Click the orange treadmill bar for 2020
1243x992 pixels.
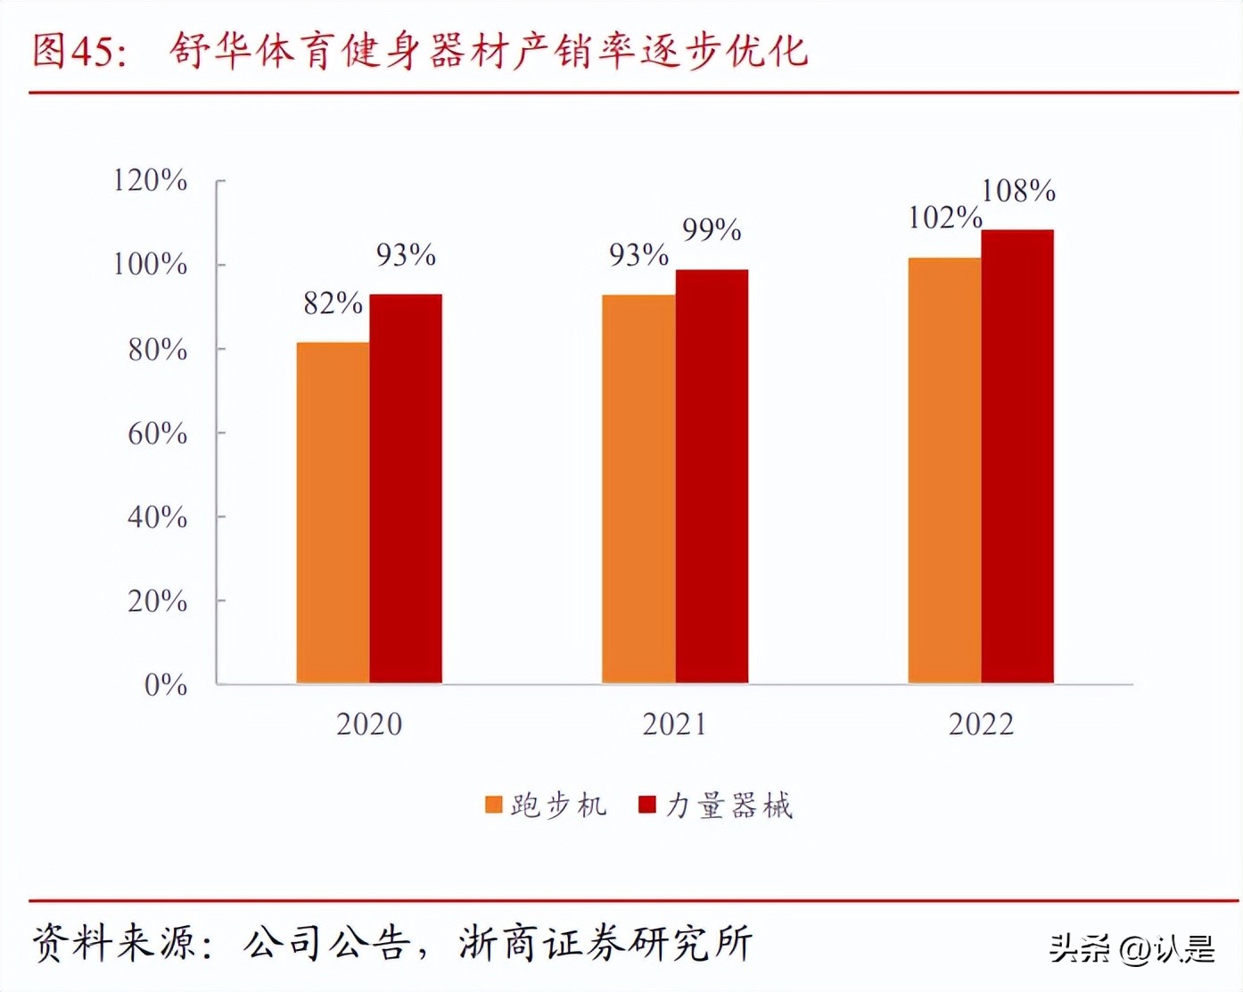pyautogui.click(x=333, y=513)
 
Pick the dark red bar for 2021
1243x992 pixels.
pyautogui.click(x=712, y=476)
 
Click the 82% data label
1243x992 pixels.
pyautogui.click(x=333, y=304)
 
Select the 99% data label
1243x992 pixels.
pyautogui.click(x=712, y=231)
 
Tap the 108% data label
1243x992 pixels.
pyautogui.click(x=1018, y=191)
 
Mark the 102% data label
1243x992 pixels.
pyautogui.click(x=944, y=219)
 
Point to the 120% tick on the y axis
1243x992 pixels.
pyautogui.click(x=150, y=181)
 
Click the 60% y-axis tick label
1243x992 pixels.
pyautogui.click(x=157, y=434)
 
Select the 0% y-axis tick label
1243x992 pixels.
pyautogui.click(x=166, y=685)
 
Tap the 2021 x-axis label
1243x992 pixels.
pyautogui.click(x=674, y=724)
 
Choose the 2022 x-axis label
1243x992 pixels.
pyautogui.click(x=981, y=724)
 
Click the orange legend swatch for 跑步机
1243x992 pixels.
pyautogui.click(x=494, y=806)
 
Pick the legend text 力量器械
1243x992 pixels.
pyautogui.click(x=729, y=806)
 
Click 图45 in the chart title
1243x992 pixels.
pyautogui.click(x=75, y=51)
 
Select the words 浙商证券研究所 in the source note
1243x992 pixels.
pyautogui.click(x=605, y=943)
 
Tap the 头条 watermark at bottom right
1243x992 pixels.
pyautogui.click(x=1079, y=948)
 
